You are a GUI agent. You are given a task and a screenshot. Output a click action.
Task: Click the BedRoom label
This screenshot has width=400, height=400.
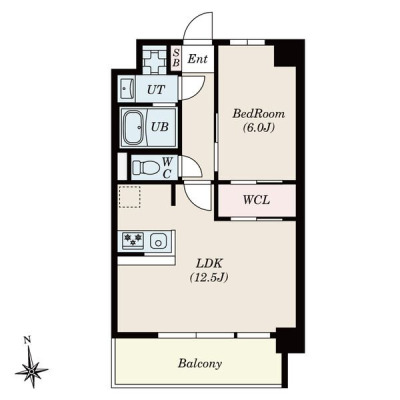point(259,114)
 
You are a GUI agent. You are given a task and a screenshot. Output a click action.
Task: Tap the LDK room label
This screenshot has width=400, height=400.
point(209,264)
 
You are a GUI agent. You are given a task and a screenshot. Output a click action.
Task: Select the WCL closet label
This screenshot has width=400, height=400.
point(256,200)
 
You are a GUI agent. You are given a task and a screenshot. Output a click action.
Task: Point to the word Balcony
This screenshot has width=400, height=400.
point(200,363)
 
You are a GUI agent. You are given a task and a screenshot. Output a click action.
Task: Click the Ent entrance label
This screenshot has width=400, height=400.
point(197,59)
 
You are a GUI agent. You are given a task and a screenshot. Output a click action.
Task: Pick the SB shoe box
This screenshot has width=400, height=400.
point(176,58)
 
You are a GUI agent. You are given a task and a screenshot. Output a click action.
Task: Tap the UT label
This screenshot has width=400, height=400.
point(156,89)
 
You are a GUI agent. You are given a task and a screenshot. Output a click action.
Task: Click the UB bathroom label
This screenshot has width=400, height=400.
point(160,127)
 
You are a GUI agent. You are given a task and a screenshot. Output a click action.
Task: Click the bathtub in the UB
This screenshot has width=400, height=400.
point(134,127)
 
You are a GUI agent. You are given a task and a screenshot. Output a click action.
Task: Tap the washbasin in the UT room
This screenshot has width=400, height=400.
point(126,89)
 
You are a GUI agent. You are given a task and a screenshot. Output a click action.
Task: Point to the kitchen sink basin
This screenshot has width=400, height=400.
point(158,241)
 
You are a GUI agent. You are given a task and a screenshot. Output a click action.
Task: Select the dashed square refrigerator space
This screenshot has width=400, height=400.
point(130,197)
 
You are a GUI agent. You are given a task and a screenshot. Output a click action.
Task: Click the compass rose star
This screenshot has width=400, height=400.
point(32,370)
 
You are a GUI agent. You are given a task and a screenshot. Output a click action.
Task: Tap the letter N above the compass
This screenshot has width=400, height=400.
point(28,340)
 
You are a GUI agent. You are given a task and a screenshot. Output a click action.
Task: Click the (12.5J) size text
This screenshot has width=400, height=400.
point(209,277)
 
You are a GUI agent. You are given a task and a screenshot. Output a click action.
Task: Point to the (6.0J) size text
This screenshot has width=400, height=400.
point(259,127)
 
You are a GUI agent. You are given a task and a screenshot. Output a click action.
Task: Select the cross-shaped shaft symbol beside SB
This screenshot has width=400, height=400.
point(154,60)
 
